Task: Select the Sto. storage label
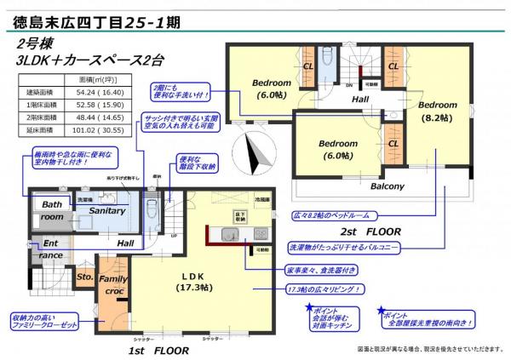(84, 277)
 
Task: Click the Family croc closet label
(113, 284)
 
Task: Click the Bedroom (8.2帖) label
(437, 111)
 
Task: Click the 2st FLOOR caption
(376, 230)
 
